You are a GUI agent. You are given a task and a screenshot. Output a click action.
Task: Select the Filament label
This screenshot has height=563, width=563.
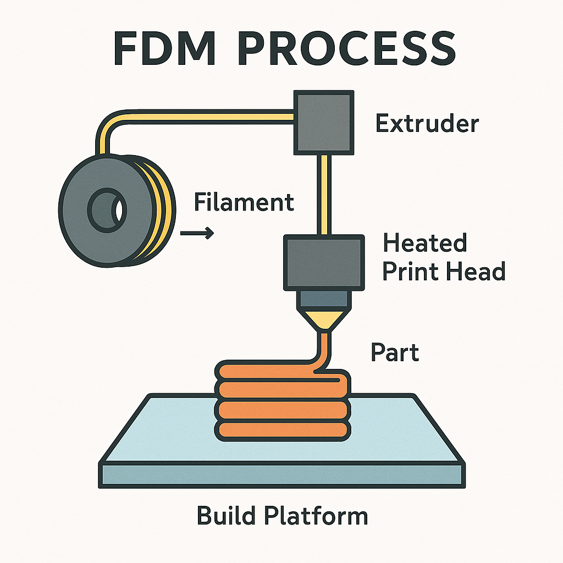pyautogui.click(x=244, y=202)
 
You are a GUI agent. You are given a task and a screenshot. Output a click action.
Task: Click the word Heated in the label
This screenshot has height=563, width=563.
pyautogui.click(x=425, y=243)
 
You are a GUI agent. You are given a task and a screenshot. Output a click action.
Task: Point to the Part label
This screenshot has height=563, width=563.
pyautogui.click(x=395, y=352)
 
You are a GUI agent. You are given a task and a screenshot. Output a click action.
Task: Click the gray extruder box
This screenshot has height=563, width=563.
pyautogui.click(x=324, y=122)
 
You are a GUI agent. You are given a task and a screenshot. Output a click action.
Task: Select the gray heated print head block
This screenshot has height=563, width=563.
pyautogui.click(x=324, y=263)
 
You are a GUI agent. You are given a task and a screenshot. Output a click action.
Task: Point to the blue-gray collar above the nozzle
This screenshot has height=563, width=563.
pyautogui.click(x=324, y=300)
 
